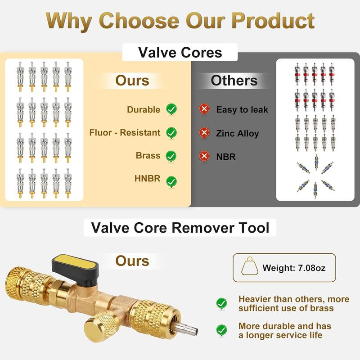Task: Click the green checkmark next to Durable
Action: tap(171, 109)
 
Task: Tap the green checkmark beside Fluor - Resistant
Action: tap(171, 133)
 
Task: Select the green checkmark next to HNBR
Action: tap(171, 181)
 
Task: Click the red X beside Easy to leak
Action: tap(204, 109)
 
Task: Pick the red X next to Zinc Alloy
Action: tap(204, 133)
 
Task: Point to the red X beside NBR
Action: tap(204, 156)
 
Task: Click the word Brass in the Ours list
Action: tap(148, 156)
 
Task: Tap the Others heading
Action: tap(234, 81)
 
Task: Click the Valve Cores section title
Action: tap(180, 52)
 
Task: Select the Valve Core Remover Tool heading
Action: tap(180, 227)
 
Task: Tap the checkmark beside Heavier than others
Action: tap(221, 303)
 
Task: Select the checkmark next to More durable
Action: tap(221, 330)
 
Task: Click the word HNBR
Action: tap(147, 179)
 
